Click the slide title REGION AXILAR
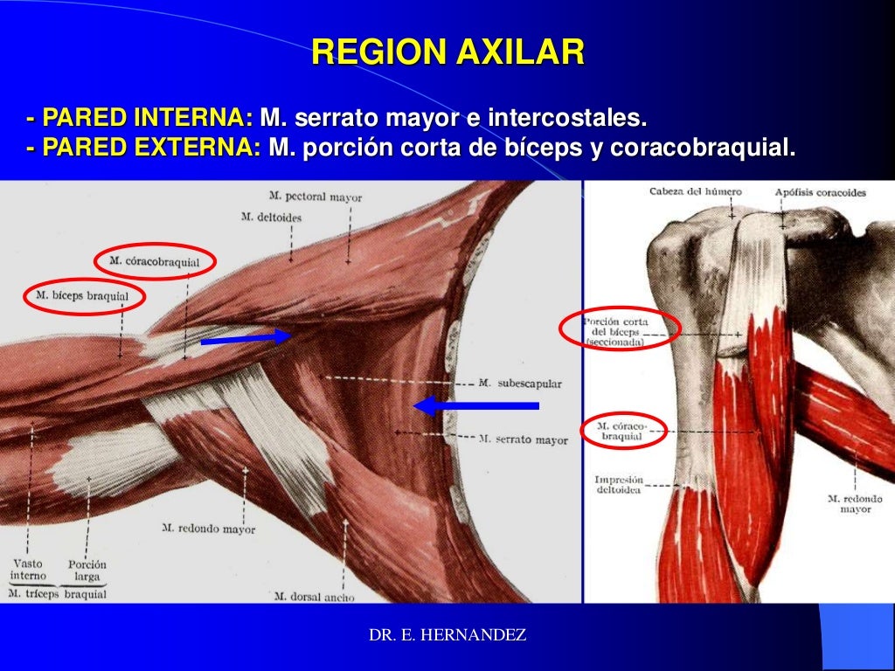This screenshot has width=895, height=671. click(447, 53)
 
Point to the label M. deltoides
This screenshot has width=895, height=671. click(272, 217)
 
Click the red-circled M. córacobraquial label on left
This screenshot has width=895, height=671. click(155, 261)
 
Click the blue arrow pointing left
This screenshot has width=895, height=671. click(475, 405)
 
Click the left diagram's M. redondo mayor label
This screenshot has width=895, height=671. click(209, 529)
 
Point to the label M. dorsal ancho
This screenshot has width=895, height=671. click(314, 597)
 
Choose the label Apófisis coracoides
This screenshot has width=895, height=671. click(820, 191)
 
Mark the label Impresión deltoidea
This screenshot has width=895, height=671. click(619, 485)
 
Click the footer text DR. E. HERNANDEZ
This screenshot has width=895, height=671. click(447, 636)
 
